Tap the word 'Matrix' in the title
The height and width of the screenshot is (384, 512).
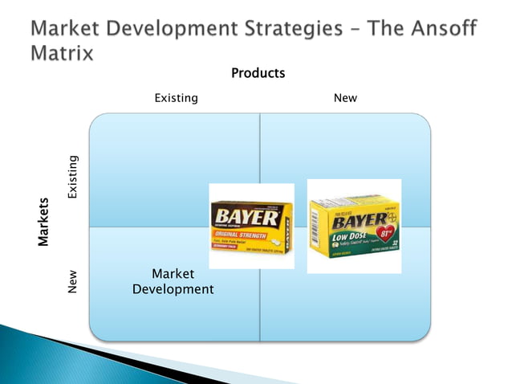pyautogui.click(x=62, y=54)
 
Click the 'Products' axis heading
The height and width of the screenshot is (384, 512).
pyautogui.click(x=258, y=73)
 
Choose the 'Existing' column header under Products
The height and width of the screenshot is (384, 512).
pyautogui.click(x=176, y=98)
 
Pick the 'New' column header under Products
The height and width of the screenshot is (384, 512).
pyautogui.click(x=345, y=98)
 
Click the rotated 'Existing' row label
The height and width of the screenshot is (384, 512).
pyautogui.click(x=73, y=178)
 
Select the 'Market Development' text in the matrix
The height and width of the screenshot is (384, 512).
pyautogui.click(x=173, y=281)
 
